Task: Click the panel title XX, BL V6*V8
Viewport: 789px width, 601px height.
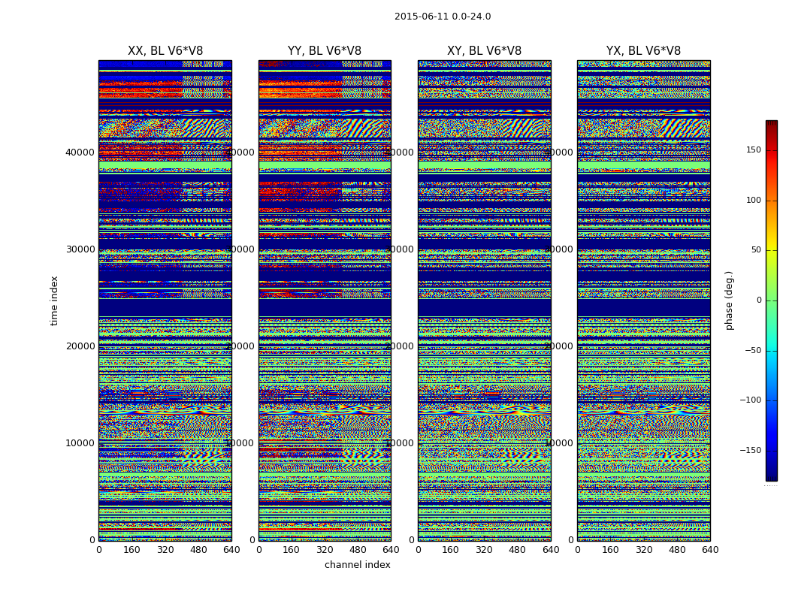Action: point(165,51)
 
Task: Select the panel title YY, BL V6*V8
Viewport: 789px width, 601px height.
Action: point(325,51)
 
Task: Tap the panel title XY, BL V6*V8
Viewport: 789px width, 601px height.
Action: point(484,51)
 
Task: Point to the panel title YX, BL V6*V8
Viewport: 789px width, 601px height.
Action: point(643,51)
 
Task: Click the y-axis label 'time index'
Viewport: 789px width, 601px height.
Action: point(54,300)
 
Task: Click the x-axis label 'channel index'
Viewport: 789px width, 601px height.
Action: point(357,565)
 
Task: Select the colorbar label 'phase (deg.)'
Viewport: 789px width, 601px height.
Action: point(729,300)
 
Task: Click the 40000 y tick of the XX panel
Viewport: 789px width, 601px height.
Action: point(80,152)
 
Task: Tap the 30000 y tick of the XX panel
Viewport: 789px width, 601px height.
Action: point(80,249)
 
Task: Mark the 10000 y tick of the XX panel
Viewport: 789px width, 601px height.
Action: point(80,442)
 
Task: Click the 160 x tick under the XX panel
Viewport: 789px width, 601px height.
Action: point(131,550)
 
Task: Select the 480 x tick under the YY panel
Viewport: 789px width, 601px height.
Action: point(358,550)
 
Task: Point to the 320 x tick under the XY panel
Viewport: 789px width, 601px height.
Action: point(484,550)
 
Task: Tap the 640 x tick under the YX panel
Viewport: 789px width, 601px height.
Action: point(710,550)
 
